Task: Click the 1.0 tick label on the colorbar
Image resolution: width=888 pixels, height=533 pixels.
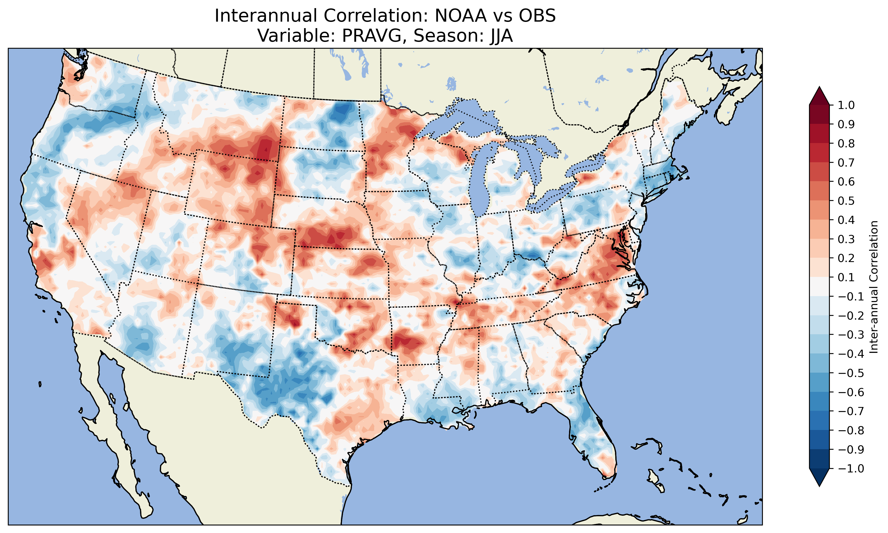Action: coord(846,105)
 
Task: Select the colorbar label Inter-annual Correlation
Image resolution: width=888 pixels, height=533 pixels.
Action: coord(874,287)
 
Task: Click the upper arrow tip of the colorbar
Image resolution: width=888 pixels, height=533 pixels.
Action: coord(819,87)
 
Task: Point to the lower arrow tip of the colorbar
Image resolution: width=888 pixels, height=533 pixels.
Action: coord(819,486)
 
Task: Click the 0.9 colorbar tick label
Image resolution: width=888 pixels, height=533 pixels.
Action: coord(846,125)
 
